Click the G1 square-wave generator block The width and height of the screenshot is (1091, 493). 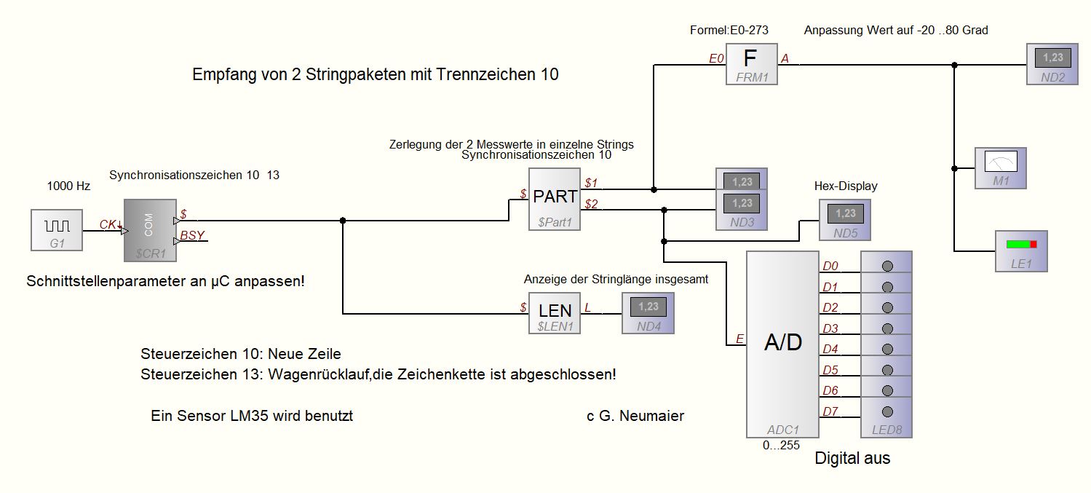click(57, 230)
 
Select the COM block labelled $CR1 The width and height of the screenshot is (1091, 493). click(150, 230)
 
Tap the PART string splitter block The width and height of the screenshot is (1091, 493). click(555, 200)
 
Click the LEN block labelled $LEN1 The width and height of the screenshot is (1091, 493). click(555, 313)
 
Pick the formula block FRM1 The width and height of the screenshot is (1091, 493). click(751, 63)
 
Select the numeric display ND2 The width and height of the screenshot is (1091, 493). click(1052, 63)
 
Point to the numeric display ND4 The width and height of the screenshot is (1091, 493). click(648, 313)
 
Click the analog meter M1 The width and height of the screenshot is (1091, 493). click(1001, 167)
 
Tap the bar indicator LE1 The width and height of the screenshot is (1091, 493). click(1021, 251)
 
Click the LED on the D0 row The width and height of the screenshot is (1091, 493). click(886, 266)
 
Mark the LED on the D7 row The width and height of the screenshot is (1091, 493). click(886, 411)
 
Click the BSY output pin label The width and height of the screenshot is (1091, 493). click(192, 235)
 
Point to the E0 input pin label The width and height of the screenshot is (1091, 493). click(716, 58)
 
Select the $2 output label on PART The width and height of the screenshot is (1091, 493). click(591, 204)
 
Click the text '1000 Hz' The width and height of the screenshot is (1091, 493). click(68, 186)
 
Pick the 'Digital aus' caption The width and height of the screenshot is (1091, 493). click(852, 459)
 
